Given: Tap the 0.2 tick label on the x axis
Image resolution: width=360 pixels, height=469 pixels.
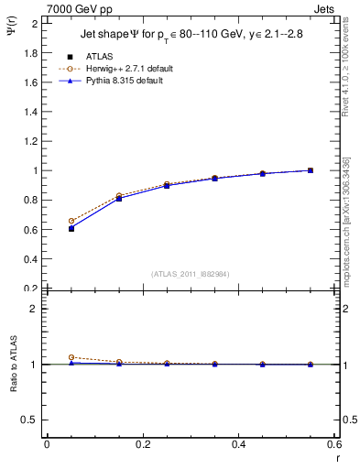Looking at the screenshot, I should pyautogui.click(x=143, y=444).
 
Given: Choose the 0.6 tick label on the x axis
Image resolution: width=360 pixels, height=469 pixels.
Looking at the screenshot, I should pyautogui.click(x=334, y=444).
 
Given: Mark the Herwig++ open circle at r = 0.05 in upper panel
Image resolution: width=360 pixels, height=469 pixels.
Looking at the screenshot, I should pyautogui.click(x=71, y=221).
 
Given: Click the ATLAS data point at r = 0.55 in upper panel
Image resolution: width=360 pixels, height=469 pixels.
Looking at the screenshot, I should pyautogui.click(x=311, y=170).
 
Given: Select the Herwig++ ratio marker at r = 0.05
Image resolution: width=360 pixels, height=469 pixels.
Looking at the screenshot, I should pyautogui.click(x=71, y=357).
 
